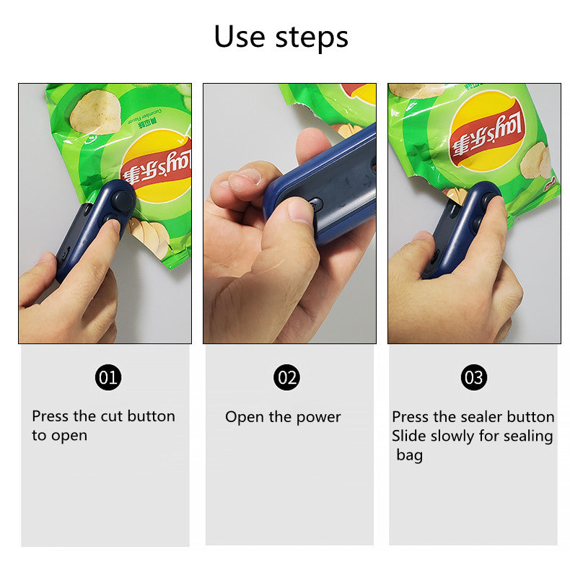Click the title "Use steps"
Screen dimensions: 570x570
click(281, 37)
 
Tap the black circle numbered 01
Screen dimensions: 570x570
click(108, 377)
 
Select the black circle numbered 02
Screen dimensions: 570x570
click(286, 377)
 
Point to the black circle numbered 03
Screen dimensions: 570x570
click(474, 377)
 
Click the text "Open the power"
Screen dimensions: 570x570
click(283, 417)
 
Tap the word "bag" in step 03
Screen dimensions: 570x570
click(410, 455)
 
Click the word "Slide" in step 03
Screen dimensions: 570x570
click(409, 437)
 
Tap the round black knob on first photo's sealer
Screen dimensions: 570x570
click(122, 200)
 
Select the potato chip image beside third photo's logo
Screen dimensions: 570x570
click(536, 159)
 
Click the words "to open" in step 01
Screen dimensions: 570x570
click(59, 436)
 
